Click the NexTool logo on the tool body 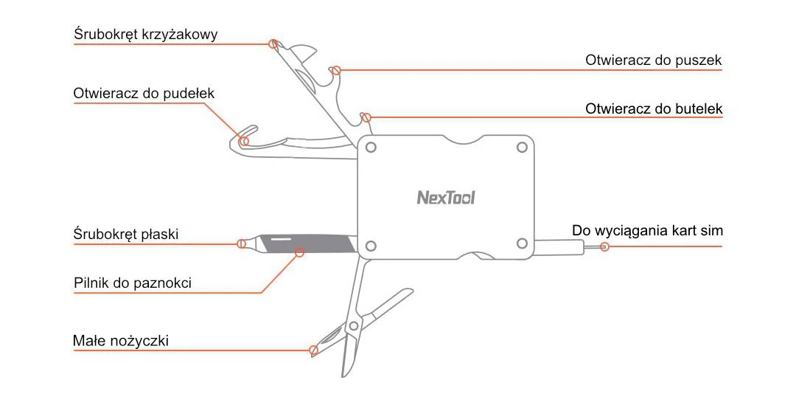[446, 198]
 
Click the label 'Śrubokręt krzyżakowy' [146, 35]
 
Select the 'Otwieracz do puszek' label [653, 61]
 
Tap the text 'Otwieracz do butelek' [654, 109]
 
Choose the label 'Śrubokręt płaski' [126, 235]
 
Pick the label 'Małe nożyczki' [121, 341]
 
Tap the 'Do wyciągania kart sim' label [647, 231]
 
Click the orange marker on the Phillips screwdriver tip [273, 44]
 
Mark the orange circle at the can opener [336, 71]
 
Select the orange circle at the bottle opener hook [366, 117]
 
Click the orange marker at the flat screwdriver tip [241, 243]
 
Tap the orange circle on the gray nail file [299, 253]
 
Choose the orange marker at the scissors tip [314, 350]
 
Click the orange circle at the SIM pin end [604, 246]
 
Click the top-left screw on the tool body [371, 147]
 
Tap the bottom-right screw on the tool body [523, 244]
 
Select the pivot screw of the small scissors [354, 325]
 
